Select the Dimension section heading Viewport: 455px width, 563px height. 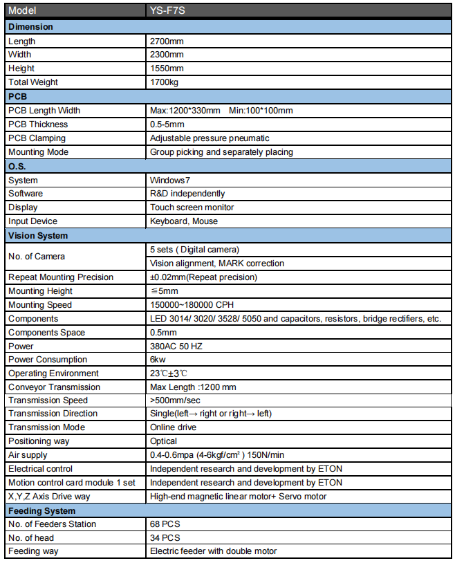click(30, 27)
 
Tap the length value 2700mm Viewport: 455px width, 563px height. click(167, 41)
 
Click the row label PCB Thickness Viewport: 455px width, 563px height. click(38, 124)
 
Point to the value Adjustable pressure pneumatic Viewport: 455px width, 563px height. click(210, 138)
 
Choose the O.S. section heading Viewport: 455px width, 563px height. click(17, 166)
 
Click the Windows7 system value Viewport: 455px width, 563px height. click(169, 180)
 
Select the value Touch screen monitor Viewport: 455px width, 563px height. click(192, 207)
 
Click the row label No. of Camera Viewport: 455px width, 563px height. click(37, 257)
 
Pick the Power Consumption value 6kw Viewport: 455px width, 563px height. click(158, 360)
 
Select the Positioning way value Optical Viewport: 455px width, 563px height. click(163, 441)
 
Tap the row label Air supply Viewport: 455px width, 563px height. click(28, 454)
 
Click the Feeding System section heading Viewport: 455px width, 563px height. click(41, 510)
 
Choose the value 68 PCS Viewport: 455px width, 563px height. click(165, 524)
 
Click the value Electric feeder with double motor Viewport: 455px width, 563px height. click(213, 551)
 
